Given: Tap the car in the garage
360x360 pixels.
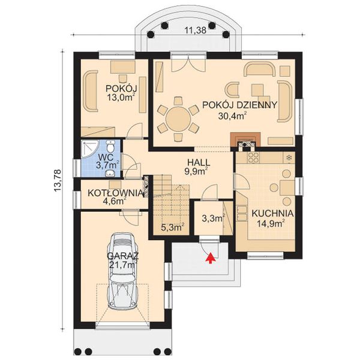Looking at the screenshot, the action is (x=123, y=271).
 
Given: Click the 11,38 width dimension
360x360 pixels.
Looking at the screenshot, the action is (x=196, y=31).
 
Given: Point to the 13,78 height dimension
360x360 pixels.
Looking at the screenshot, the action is (x=58, y=181).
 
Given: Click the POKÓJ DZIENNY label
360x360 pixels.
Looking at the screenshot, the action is (x=239, y=104).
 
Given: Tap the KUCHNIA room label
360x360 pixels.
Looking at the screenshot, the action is (x=272, y=213).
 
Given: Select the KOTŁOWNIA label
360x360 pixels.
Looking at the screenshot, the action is (x=115, y=193).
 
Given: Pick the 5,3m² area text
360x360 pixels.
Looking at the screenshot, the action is (x=173, y=227).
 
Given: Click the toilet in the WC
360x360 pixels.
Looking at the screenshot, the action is (x=110, y=146).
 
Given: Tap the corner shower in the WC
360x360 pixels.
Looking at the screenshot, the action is (x=90, y=149).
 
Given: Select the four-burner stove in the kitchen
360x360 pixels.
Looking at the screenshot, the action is (x=253, y=157).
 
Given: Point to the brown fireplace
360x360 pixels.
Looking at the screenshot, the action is (x=245, y=140).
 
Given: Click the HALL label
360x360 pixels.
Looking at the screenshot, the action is (x=199, y=163).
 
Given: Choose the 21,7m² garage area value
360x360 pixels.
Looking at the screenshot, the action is (x=123, y=265).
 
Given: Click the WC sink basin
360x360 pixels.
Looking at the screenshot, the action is (x=110, y=173).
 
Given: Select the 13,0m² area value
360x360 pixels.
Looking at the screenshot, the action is (x=121, y=97).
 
